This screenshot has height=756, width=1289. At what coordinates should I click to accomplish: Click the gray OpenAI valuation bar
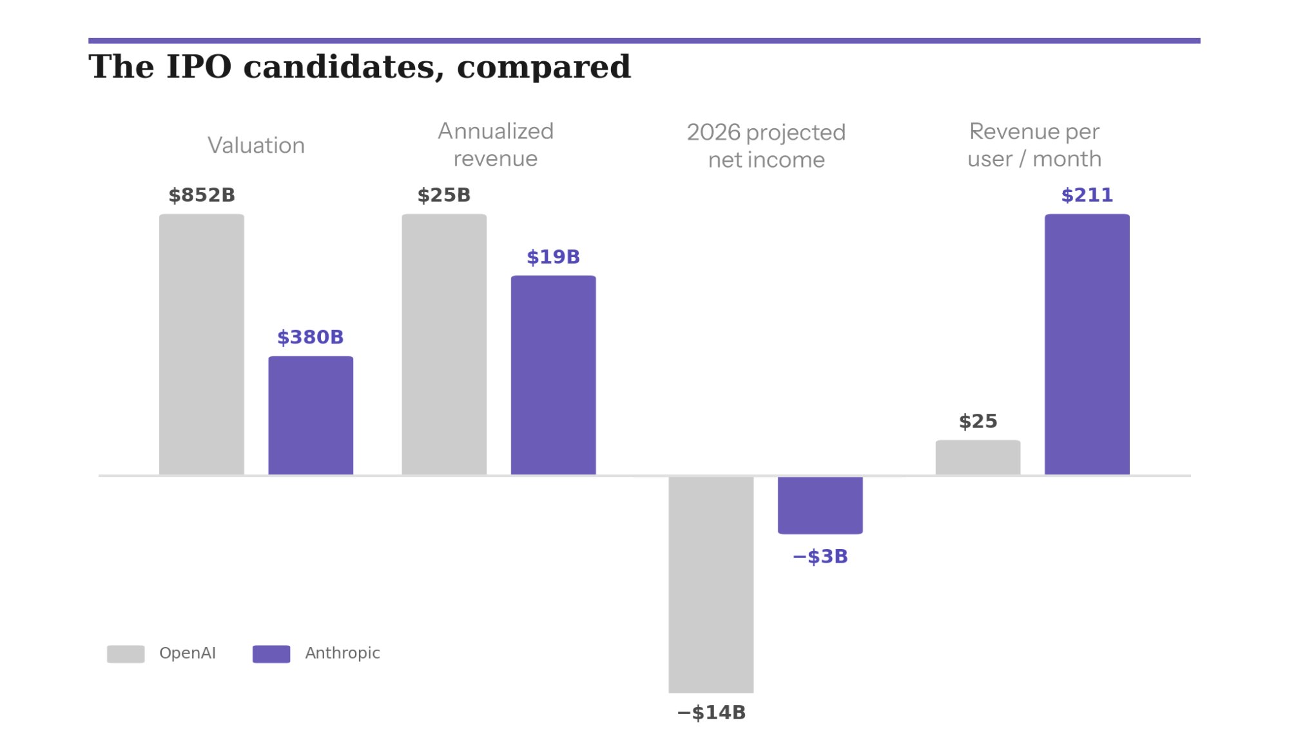201,344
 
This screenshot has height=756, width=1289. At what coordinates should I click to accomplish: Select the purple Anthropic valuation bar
311,415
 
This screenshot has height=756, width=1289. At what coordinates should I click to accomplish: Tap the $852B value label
202,195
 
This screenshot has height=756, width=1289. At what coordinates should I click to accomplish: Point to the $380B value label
310,337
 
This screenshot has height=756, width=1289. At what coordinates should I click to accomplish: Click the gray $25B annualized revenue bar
444,344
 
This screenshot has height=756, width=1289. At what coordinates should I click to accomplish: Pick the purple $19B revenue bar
553,375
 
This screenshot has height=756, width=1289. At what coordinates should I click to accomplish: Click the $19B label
553,257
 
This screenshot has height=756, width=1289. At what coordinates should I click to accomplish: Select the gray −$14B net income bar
711,585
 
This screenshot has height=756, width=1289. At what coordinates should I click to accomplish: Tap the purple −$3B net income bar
820,505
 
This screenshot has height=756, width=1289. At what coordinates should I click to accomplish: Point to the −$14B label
711,712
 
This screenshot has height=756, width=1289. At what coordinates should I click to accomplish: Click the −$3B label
820,556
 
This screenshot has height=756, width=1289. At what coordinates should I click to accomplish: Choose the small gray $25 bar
978,458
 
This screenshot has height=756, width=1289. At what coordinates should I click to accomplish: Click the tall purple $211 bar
1087,344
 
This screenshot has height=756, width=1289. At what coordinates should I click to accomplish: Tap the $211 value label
1087,195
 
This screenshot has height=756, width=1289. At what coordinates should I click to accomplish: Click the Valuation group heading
256,146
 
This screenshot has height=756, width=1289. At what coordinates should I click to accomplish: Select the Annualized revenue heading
495,145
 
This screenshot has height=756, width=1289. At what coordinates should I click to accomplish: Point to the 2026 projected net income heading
766,146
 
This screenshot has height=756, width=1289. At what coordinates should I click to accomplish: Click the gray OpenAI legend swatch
126,654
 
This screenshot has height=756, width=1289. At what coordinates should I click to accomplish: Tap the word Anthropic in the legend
342,653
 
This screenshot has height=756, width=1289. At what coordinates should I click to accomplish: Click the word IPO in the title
199,67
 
